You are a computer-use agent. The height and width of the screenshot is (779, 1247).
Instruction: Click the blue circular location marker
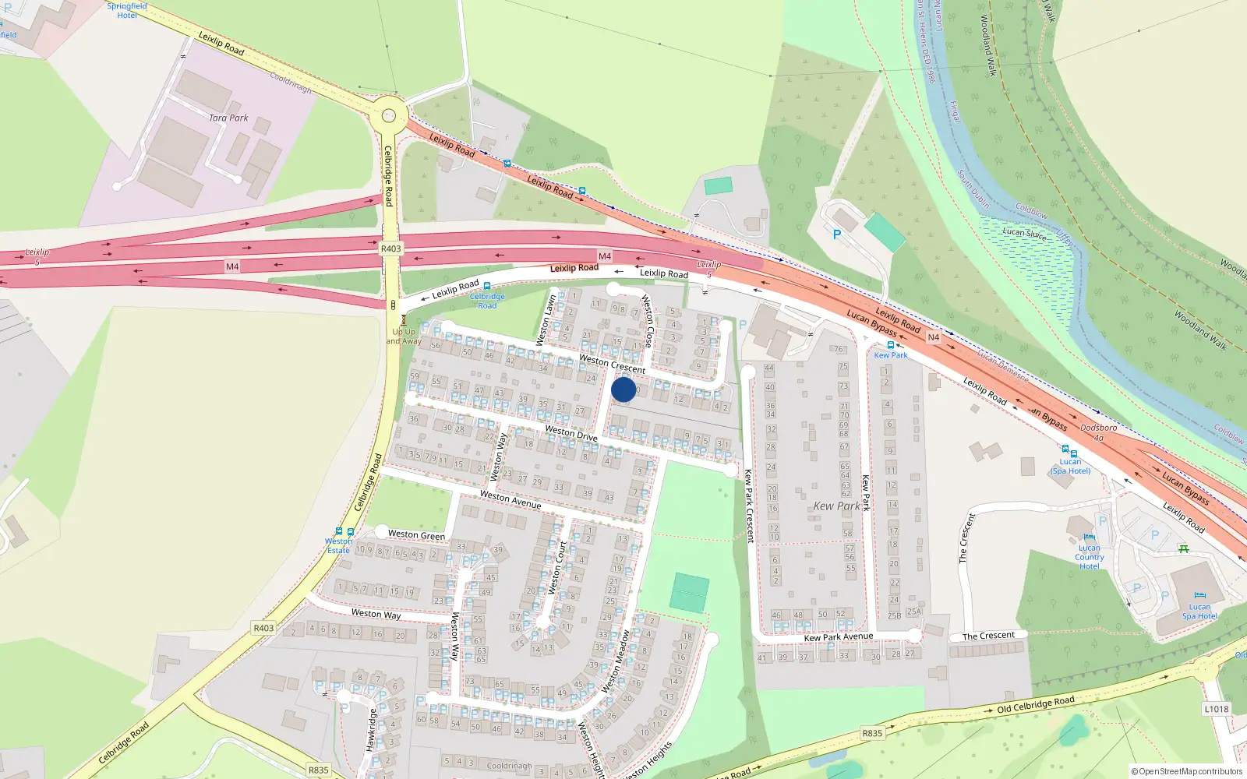623,389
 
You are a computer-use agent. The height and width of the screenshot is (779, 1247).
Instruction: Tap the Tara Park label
228,118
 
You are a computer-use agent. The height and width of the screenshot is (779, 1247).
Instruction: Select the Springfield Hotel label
126,11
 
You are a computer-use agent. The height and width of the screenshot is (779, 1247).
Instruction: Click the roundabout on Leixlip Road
388,117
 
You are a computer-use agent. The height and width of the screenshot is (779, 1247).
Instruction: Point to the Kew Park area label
836,506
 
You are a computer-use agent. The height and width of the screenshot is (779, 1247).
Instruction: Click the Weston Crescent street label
612,364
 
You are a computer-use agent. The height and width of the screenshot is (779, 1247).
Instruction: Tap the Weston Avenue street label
510,499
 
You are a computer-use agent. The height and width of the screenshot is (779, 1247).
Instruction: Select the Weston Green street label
416,535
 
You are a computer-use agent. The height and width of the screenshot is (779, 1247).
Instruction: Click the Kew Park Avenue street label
838,637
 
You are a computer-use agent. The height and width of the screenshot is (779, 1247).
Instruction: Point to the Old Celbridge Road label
1035,704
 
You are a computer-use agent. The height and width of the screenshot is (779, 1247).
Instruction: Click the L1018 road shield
1216,709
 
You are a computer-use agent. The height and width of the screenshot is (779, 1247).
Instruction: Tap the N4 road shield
933,337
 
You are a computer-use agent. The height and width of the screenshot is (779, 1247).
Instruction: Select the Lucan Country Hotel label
1089,557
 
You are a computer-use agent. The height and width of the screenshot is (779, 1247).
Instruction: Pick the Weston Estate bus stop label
338,545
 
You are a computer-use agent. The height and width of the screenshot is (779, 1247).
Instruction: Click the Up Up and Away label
404,337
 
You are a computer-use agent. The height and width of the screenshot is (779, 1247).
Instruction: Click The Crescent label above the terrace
988,636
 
